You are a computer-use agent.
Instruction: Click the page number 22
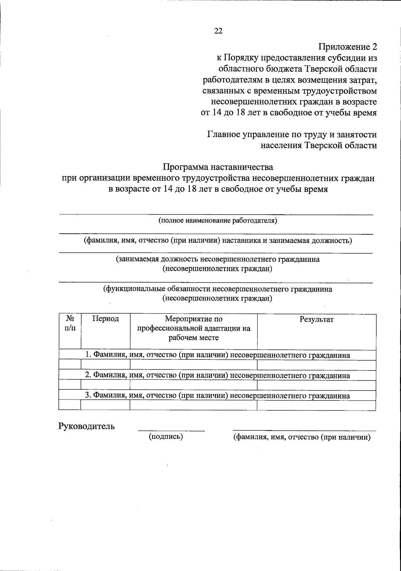click(218, 31)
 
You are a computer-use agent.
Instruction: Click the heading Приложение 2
click(347, 47)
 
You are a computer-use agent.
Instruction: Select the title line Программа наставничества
click(218, 166)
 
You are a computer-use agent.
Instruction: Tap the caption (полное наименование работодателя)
click(218, 221)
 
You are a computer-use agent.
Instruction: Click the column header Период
click(106, 319)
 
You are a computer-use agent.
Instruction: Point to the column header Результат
click(316, 320)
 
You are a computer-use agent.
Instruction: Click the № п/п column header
click(70, 323)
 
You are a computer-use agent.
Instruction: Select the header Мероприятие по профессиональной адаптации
click(194, 328)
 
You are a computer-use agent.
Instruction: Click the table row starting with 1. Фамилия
click(217, 355)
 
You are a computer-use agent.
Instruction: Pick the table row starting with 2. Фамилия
click(217, 375)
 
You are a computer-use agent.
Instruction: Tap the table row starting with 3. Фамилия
click(217, 396)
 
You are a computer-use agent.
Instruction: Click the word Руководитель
click(87, 426)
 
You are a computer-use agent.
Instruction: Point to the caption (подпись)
click(166, 437)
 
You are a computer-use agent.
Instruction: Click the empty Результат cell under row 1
click(316, 365)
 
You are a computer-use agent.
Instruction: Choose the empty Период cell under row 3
click(105, 406)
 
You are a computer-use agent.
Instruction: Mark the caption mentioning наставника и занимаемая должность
click(218, 240)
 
